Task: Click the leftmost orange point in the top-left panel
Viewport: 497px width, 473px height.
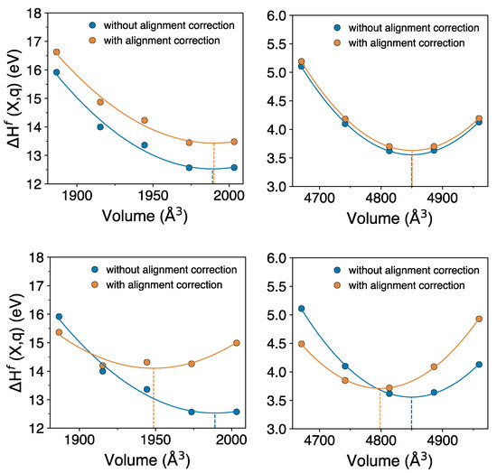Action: pos(56,52)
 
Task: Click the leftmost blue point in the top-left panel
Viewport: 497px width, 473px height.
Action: pos(56,72)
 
